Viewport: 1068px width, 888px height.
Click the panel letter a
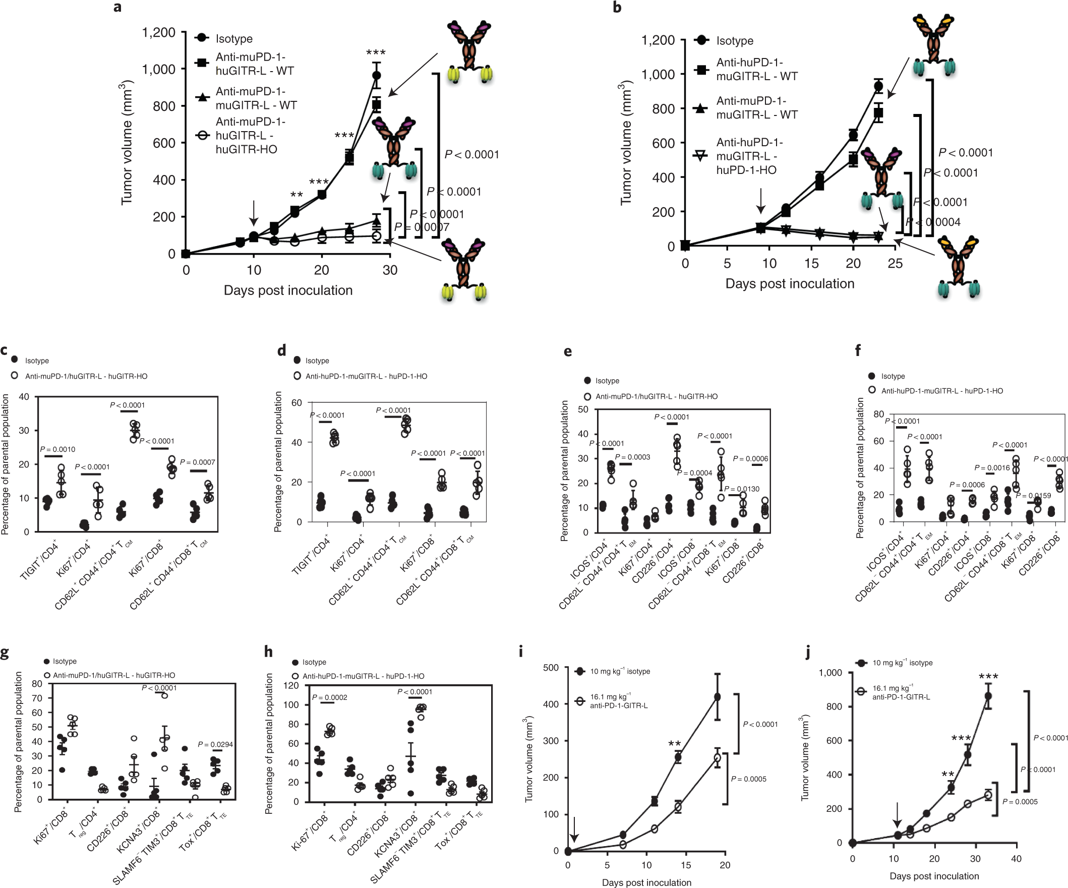pyautogui.click(x=117, y=8)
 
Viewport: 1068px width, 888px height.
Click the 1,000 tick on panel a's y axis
pyautogui.click(x=158, y=69)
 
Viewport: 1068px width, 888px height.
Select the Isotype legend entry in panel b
pyautogui.click(x=734, y=41)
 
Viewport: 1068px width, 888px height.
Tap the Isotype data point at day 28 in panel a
pyautogui.click(x=376, y=76)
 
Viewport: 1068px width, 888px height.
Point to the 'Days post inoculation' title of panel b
pyautogui.click(x=789, y=284)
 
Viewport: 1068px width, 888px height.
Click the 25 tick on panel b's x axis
pyautogui.click(x=895, y=263)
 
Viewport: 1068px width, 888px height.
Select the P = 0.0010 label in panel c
pyautogui.click(x=57, y=450)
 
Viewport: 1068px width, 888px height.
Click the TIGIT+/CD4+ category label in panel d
pyautogui.click(x=310, y=556)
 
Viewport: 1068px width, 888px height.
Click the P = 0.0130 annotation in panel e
pyautogui.click(x=741, y=489)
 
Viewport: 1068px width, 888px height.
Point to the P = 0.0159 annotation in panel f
pyautogui.click(x=1033, y=496)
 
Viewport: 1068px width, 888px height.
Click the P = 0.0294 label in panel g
pyautogui.click(x=215, y=745)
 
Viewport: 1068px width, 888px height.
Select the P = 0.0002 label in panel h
pyautogui.click(x=330, y=697)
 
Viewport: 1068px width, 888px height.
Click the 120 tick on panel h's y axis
pyautogui.click(x=291, y=686)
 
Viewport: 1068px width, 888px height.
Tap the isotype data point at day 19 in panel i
pyautogui.click(x=718, y=697)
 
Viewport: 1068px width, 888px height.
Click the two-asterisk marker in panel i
pyautogui.click(x=674, y=745)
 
